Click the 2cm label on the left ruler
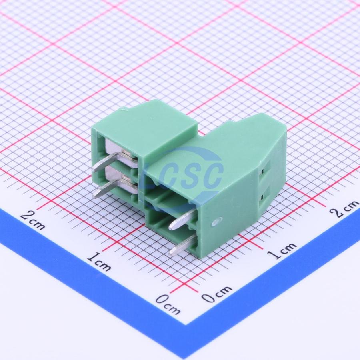tap(33, 220)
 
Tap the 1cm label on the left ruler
tap(99, 262)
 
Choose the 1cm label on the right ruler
tap(282, 251)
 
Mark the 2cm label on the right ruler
tap(344, 209)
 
